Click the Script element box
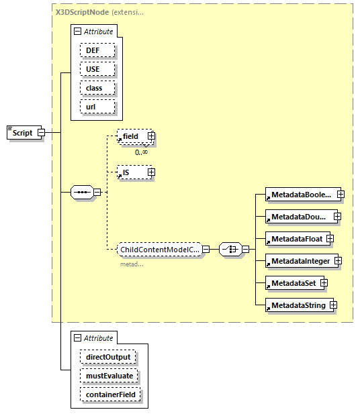(x=22, y=133)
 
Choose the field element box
(x=131, y=136)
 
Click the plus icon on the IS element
(x=151, y=172)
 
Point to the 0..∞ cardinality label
(x=141, y=152)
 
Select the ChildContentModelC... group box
(x=159, y=250)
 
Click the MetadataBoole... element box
(x=300, y=195)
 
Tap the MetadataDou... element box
(x=299, y=217)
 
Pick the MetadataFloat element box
(x=294, y=239)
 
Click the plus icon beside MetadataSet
(x=324, y=283)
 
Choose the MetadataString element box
(x=298, y=305)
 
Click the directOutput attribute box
(x=107, y=357)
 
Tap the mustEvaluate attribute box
(x=109, y=376)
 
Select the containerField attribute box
(x=110, y=395)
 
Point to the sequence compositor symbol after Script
(x=83, y=192)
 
